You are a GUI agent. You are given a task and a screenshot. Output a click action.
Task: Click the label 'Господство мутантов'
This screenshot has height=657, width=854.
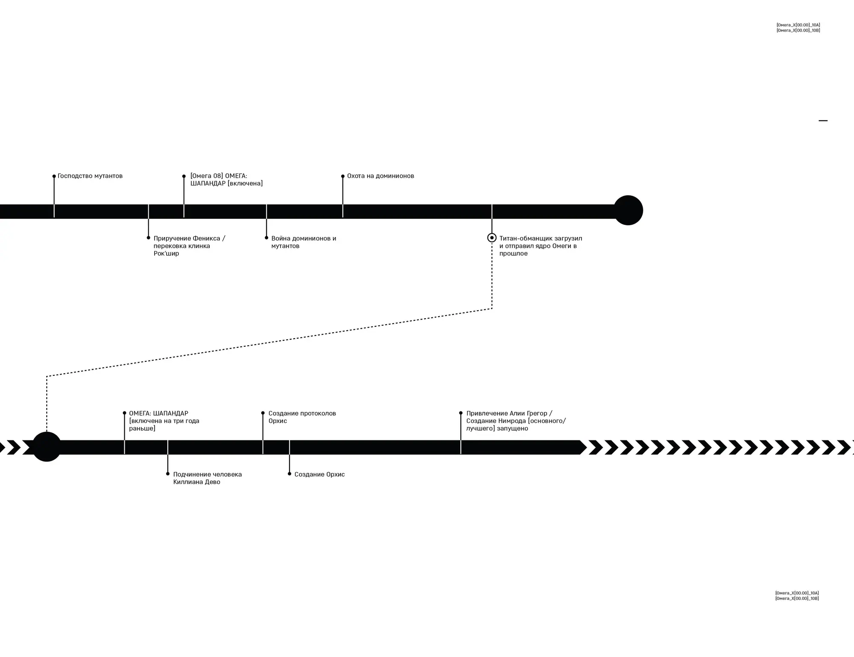(x=90, y=176)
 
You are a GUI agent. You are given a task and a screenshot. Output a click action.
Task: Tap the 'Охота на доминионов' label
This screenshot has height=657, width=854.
(x=380, y=176)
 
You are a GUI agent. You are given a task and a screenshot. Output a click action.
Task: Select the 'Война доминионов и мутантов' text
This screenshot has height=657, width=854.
(x=304, y=242)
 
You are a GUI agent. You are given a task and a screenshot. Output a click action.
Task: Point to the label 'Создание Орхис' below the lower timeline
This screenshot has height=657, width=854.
(x=319, y=475)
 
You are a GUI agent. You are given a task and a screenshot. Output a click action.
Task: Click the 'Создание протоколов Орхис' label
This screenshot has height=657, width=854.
(x=302, y=417)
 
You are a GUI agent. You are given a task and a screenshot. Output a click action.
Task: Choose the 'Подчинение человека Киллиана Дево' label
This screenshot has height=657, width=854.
(x=207, y=478)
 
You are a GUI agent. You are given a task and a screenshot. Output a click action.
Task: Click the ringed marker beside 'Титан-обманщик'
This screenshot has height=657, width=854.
(x=492, y=238)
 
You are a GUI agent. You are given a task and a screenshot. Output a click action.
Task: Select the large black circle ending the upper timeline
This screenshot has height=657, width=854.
(x=628, y=210)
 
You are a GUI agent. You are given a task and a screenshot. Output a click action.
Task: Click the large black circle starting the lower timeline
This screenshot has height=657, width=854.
(x=47, y=447)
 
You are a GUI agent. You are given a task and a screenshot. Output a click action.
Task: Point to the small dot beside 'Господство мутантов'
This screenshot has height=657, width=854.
(x=54, y=176)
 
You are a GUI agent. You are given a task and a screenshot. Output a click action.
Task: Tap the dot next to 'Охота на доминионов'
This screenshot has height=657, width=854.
(x=343, y=176)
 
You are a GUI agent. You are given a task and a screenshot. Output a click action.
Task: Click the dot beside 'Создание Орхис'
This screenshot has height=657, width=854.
(x=290, y=474)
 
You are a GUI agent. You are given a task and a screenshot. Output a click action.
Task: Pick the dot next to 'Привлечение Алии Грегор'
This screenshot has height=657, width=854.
(x=461, y=413)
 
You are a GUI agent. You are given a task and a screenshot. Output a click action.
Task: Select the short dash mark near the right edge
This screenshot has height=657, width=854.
(x=823, y=121)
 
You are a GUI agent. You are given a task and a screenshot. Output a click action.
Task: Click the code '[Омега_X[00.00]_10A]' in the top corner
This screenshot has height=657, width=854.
(x=798, y=25)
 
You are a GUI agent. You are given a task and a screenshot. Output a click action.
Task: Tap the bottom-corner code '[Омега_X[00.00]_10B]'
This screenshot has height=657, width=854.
(x=797, y=598)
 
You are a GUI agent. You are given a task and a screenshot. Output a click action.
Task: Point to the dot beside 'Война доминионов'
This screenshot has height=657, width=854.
(x=266, y=238)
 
